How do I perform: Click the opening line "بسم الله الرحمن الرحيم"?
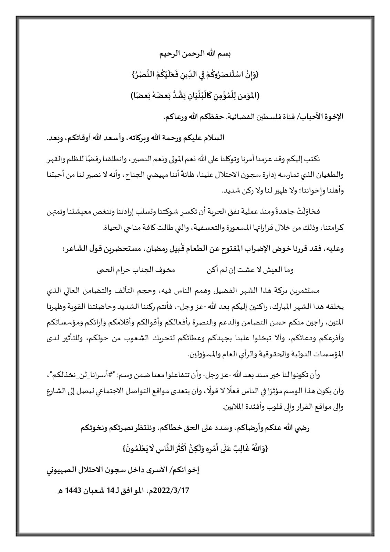click(195, 54)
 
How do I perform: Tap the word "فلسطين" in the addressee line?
click(252, 117)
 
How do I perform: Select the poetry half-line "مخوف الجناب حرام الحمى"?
click(136, 270)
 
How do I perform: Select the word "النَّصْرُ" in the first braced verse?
click(142, 75)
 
